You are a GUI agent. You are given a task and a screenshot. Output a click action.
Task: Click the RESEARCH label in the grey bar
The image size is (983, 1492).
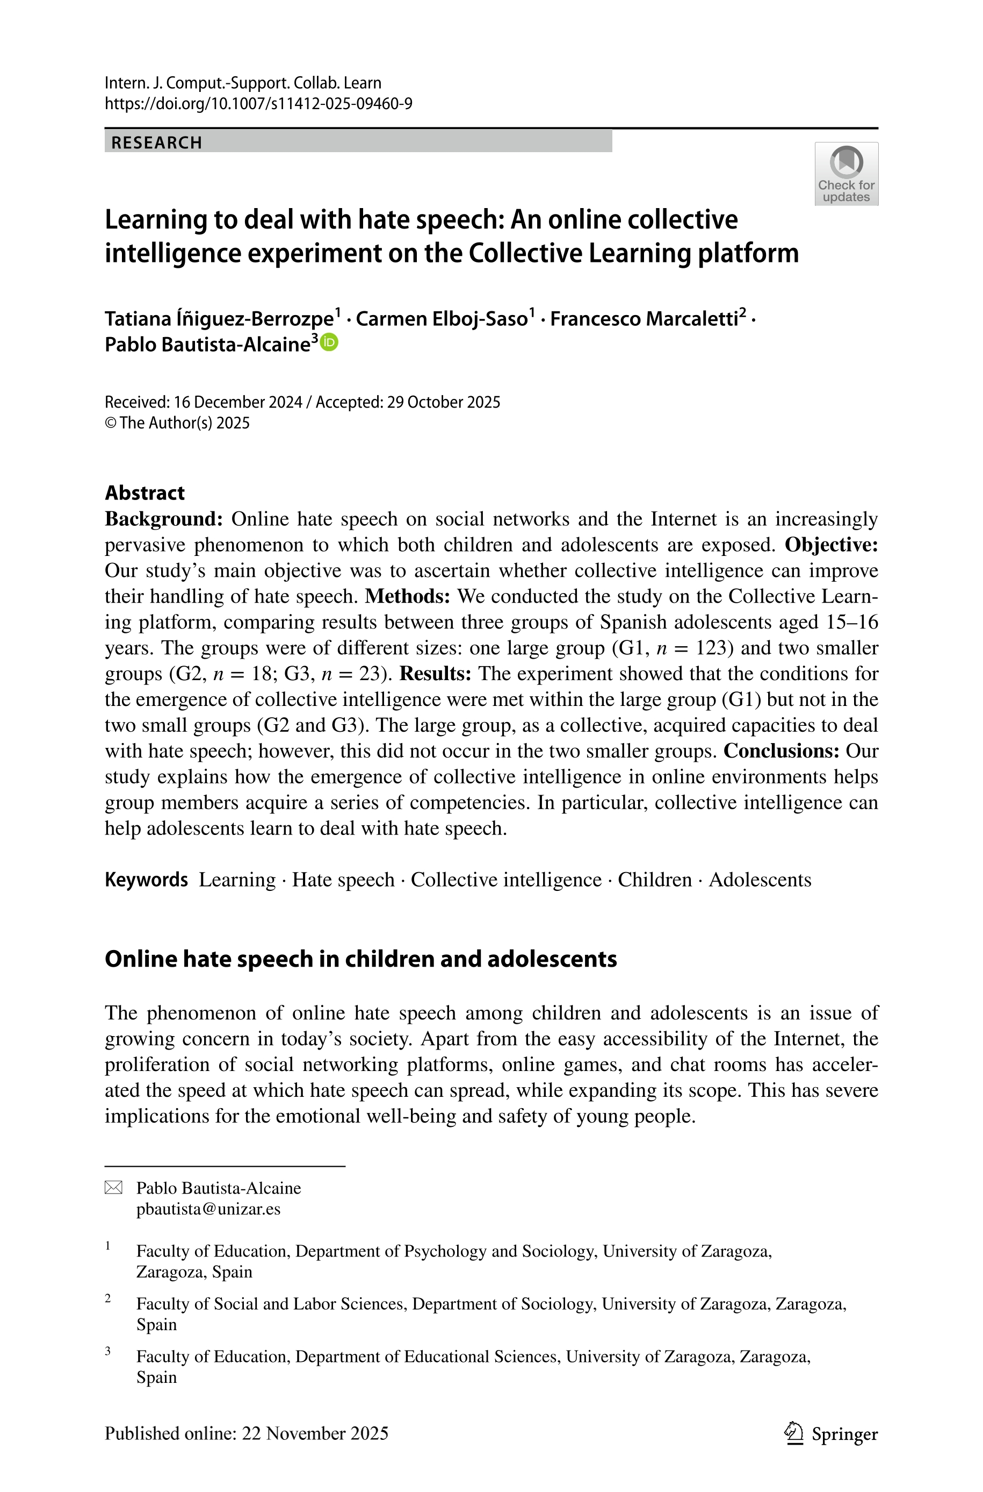157,143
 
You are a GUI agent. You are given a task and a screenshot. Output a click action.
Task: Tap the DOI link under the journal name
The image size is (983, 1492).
258,104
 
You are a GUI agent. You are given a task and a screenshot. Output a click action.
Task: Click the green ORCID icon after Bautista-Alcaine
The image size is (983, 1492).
330,342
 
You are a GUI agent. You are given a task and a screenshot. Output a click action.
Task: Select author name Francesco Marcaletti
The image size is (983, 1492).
644,319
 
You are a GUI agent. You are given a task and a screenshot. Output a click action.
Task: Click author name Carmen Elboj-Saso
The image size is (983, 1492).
442,319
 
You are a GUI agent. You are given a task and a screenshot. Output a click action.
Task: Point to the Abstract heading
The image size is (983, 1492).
145,492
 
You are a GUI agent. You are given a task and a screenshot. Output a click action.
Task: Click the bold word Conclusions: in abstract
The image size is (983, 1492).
781,751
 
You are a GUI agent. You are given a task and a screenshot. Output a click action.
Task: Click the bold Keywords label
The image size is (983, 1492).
146,880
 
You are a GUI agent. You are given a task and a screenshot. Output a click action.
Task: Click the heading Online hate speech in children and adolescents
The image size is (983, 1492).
360,959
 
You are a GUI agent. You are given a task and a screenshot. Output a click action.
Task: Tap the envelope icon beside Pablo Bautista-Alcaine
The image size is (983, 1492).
113,1187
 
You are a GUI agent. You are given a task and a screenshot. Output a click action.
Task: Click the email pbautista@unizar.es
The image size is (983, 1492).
208,1209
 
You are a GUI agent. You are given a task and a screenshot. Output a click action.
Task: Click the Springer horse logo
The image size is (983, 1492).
794,1433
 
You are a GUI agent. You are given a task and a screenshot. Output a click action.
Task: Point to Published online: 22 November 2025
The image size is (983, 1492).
247,1433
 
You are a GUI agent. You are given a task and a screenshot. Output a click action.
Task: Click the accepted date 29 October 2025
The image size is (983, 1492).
443,402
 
